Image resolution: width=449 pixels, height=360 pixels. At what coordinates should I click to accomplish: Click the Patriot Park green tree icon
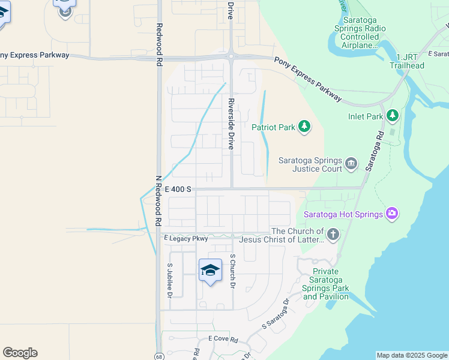305,126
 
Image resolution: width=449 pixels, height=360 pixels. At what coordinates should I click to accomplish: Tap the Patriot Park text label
273,127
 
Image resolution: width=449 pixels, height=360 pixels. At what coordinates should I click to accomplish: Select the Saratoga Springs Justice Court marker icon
351,163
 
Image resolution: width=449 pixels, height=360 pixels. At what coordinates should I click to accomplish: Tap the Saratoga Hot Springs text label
343,214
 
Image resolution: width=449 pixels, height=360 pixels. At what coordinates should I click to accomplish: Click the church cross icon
333,234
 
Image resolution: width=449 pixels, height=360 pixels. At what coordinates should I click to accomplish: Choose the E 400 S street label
178,189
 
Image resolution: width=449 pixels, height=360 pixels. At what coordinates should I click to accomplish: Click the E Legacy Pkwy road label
186,238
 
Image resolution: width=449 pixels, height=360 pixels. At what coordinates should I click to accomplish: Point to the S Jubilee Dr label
169,281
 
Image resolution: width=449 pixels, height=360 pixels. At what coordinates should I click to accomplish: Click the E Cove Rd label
223,339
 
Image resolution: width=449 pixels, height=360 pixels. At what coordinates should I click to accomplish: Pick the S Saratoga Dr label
276,314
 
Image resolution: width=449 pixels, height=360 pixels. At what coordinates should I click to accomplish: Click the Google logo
20,353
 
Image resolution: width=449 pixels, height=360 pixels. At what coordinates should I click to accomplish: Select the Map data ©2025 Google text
411,355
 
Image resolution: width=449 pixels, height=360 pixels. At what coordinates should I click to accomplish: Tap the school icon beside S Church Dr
210,271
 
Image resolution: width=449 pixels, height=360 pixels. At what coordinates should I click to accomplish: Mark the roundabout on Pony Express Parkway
231,57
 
